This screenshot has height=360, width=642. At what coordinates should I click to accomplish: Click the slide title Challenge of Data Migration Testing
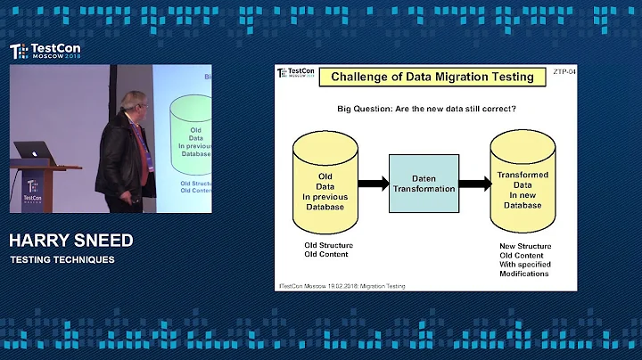tap(432, 77)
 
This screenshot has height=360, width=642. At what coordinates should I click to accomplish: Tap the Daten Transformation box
tap(423, 183)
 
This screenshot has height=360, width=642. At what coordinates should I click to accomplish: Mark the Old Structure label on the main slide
tap(328, 246)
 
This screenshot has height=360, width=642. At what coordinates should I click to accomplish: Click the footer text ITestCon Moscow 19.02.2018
tap(342, 286)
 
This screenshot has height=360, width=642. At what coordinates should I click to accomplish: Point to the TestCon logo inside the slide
tap(296, 75)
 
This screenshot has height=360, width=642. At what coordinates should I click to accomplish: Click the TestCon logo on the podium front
tap(33, 188)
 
